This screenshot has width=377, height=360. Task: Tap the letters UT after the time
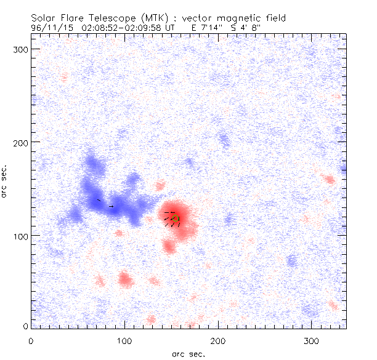point(176,28)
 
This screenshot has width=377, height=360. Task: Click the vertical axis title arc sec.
point(5,181)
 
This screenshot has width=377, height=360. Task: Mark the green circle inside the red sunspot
point(175,218)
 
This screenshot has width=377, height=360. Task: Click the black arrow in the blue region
point(110,206)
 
